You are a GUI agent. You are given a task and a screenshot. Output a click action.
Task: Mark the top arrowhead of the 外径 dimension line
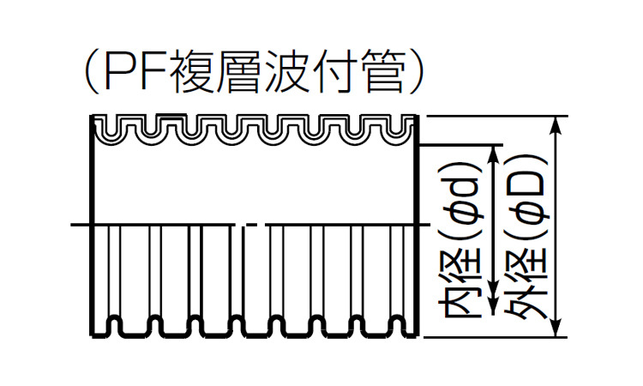(x=559, y=125)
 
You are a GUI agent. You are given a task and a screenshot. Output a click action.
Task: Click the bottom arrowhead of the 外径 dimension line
(x=559, y=326)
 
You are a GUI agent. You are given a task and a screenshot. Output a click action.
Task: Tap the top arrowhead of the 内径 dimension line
(x=492, y=154)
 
